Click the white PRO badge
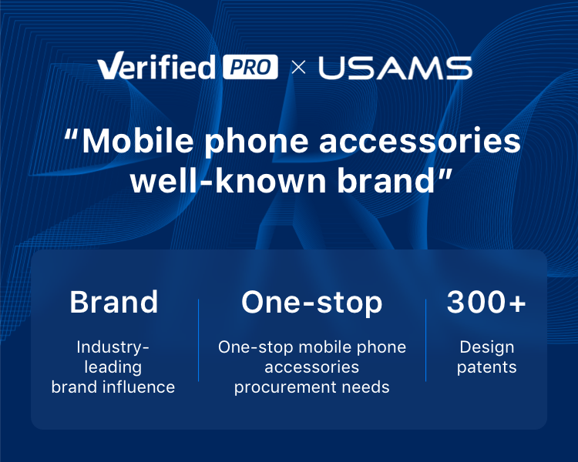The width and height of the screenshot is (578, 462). coord(250,67)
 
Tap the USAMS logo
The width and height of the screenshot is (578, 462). coord(395,68)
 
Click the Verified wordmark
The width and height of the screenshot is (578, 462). coord(156,66)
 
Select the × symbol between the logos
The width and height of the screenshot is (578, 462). coord(298,68)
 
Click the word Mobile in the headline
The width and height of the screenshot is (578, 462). coord(138,141)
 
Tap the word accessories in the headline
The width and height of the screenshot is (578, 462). coord(420,142)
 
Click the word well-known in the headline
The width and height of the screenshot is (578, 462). coord(229,180)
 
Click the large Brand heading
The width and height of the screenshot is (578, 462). coord(114,302)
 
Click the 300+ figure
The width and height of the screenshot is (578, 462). coord(486,302)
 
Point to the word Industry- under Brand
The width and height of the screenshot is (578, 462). coord(113,348)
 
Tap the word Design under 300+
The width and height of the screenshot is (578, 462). coord(486,348)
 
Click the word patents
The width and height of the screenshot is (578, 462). coord(486,368)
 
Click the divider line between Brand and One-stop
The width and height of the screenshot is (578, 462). coord(198,340)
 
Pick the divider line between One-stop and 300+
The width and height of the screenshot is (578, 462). coord(425,340)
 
